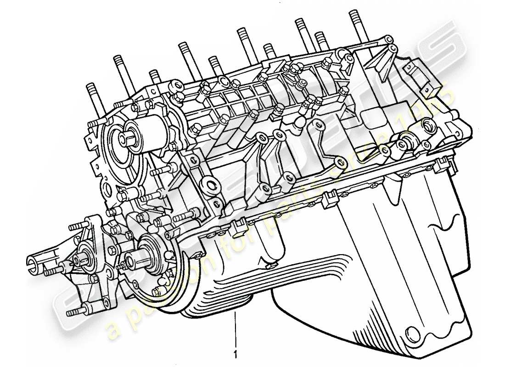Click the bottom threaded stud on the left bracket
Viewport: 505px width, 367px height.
tap(73, 312)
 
